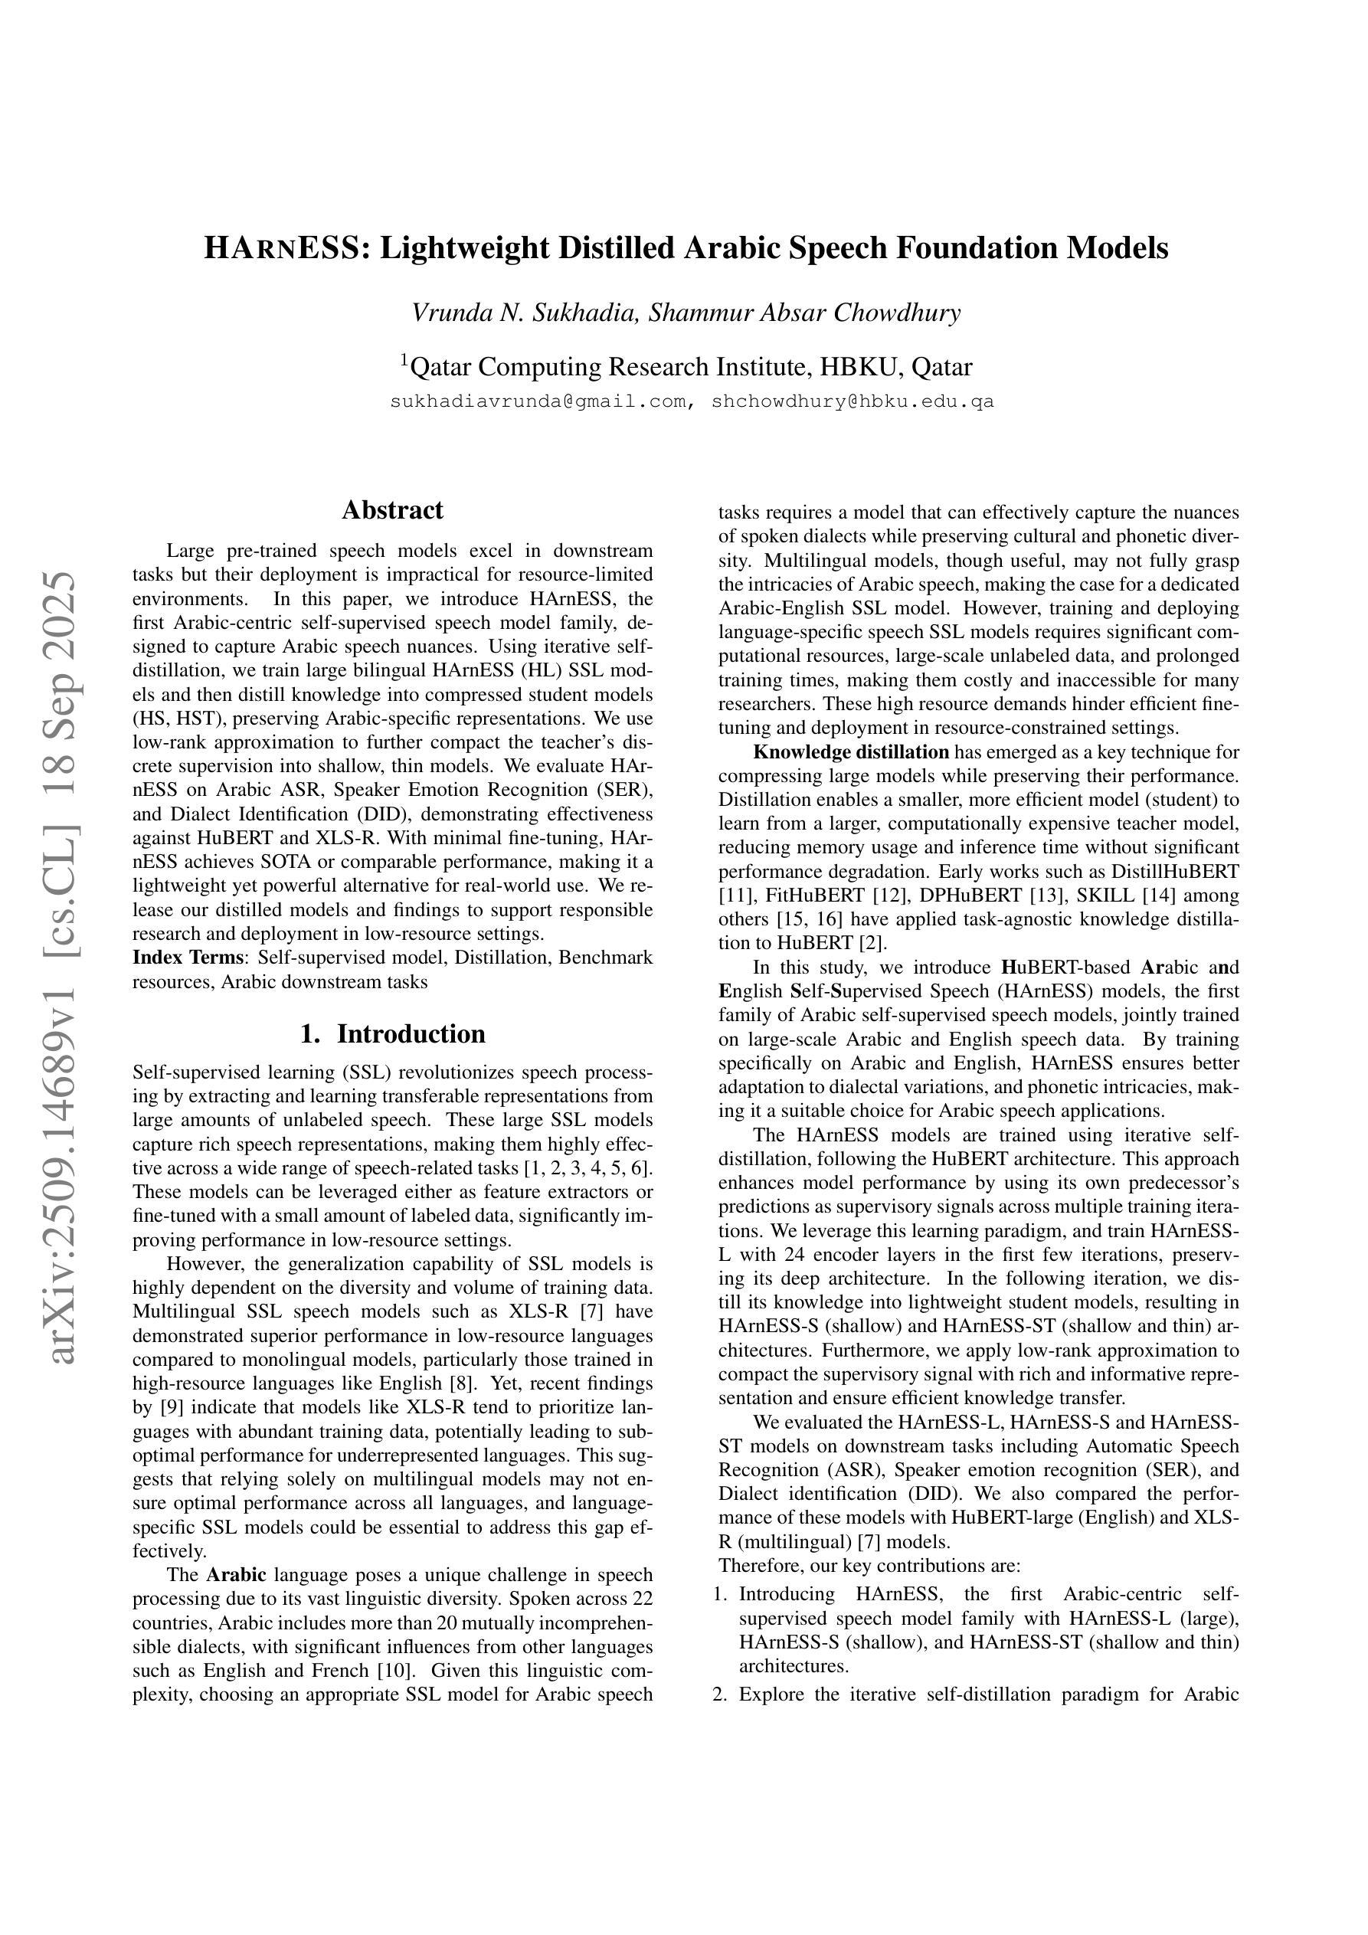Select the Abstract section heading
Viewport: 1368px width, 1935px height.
click(392, 510)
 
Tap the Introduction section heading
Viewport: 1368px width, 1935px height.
click(411, 1034)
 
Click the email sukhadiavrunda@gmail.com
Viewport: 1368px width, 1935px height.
click(538, 402)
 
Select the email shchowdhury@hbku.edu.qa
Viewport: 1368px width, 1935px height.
click(853, 402)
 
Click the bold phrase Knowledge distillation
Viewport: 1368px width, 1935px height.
click(850, 751)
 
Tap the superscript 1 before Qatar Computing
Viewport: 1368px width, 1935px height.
click(404, 361)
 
